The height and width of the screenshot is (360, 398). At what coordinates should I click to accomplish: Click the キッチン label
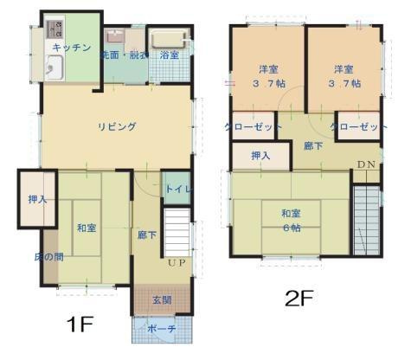(x=71, y=48)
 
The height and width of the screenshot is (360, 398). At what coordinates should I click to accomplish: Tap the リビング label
(x=116, y=126)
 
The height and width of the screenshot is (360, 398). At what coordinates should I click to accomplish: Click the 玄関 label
(x=162, y=300)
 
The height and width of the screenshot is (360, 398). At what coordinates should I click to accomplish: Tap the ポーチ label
(x=161, y=329)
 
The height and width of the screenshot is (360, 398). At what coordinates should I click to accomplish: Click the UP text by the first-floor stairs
(x=177, y=262)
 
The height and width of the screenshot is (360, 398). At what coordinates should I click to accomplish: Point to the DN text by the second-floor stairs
(x=365, y=165)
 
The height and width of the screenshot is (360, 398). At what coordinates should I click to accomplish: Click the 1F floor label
(x=80, y=325)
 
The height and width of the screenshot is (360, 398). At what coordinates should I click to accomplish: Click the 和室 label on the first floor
(x=86, y=228)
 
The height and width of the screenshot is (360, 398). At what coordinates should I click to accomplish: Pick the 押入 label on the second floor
(x=260, y=156)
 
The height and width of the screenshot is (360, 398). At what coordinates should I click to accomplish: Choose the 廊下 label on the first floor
(x=147, y=234)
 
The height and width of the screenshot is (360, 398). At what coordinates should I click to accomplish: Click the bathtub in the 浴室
(x=168, y=38)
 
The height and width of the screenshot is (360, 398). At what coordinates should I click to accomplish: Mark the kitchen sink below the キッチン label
(x=55, y=67)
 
